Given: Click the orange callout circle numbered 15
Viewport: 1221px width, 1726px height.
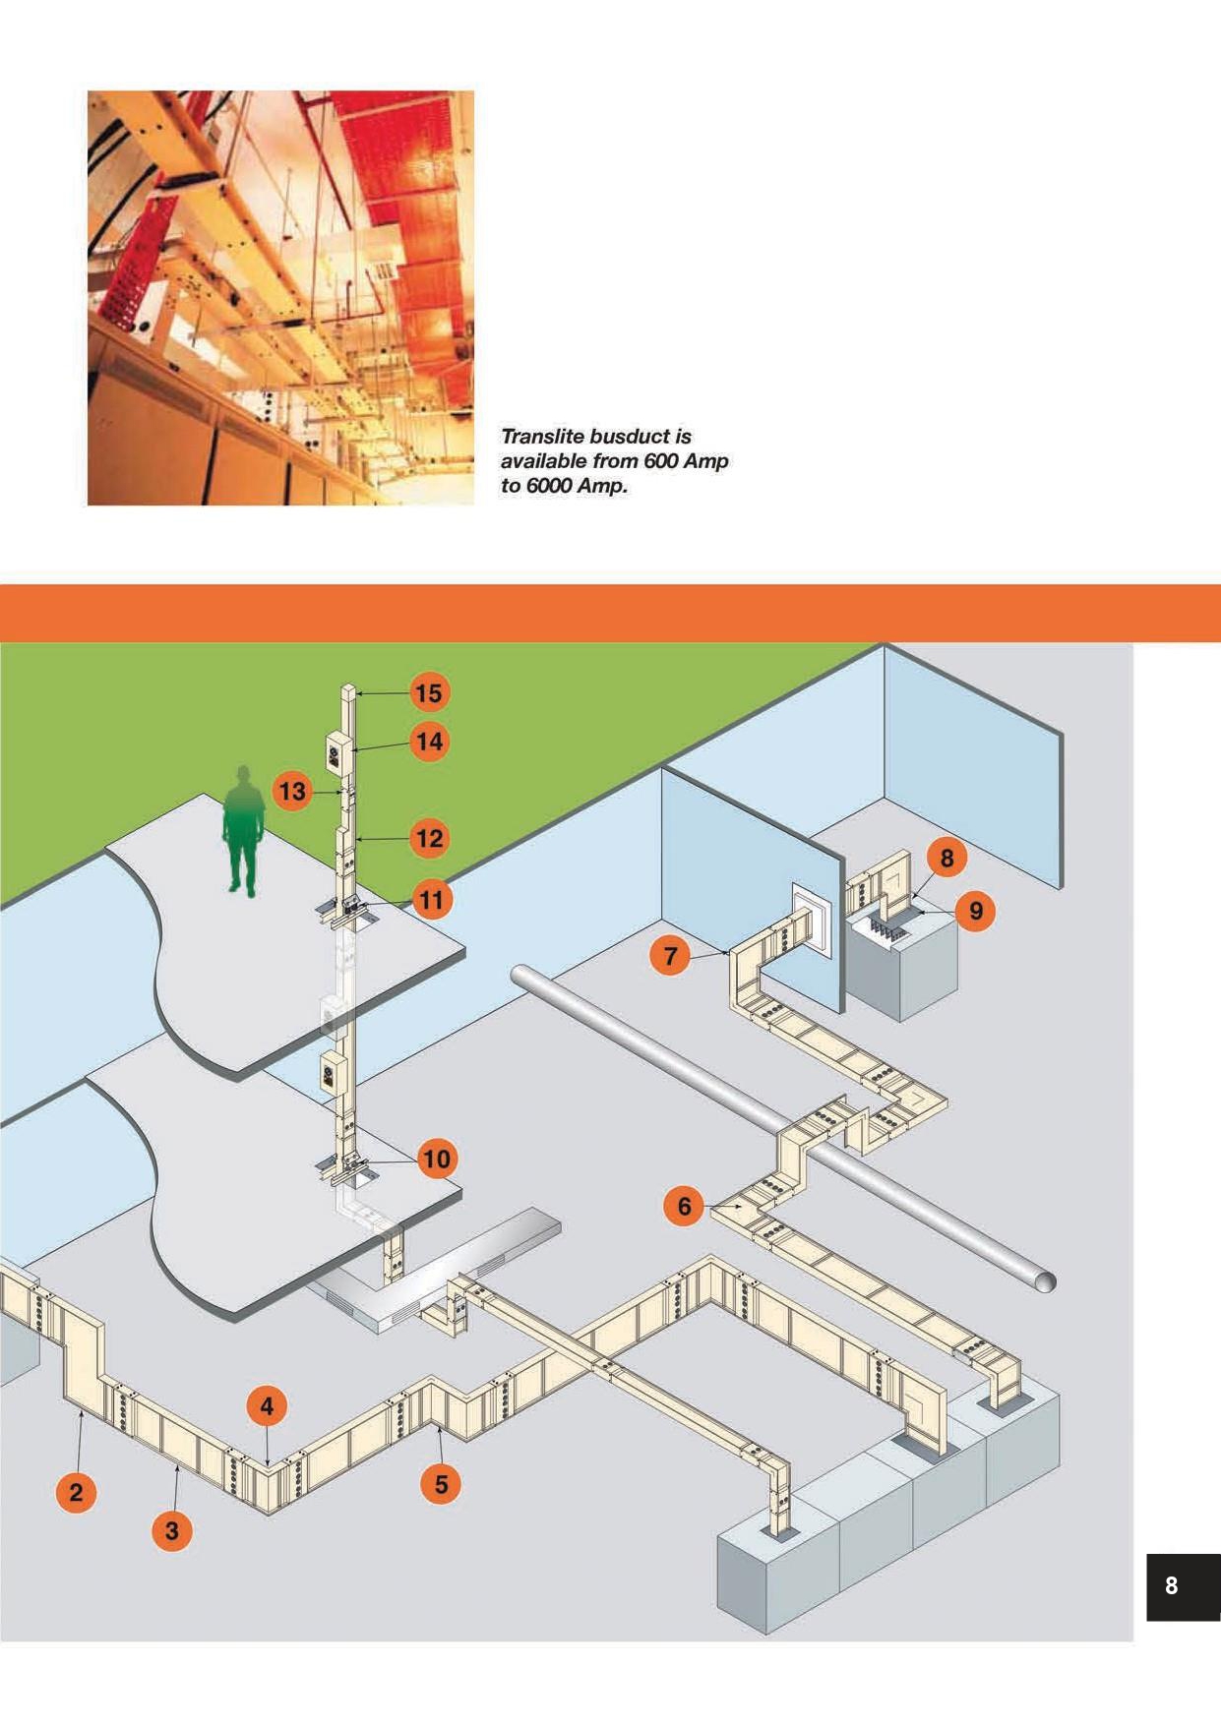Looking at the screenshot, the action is pyautogui.click(x=428, y=692).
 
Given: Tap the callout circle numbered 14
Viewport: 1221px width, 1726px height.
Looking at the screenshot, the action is pyautogui.click(x=429, y=741).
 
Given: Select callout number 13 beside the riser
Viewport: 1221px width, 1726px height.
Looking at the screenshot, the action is pyautogui.click(x=292, y=791).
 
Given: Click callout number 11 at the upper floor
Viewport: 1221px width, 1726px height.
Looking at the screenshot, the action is pyautogui.click(x=431, y=898).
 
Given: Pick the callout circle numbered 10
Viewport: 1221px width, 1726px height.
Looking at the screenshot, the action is pyautogui.click(x=436, y=1159).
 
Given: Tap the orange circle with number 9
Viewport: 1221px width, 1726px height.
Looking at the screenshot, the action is pyautogui.click(x=975, y=911).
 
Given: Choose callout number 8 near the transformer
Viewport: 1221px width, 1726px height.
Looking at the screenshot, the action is pyautogui.click(x=946, y=858).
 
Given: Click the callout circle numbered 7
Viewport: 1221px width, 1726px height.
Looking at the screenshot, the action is pyautogui.click(x=671, y=954).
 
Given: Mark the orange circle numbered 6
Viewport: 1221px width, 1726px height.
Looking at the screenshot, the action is pyautogui.click(x=685, y=1205).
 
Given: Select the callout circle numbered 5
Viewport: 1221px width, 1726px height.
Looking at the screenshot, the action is pyautogui.click(x=441, y=1483).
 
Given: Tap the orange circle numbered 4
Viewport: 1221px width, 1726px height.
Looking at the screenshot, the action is pyautogui.click(x=267, y=1406).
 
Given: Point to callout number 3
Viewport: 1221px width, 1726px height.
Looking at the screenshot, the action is pyautogui.click(x=172, y=1529).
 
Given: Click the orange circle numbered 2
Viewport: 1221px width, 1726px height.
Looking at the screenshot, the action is pyautogui.click(x=77, y=1492).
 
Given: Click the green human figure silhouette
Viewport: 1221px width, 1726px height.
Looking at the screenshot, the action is pyautogui.click(x=243, y=831).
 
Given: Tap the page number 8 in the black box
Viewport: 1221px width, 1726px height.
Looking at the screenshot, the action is pyautogui.click(x=1171, y=1584).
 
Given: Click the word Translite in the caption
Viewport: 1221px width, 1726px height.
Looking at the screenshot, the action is pyautogui.click(x=541, y=436).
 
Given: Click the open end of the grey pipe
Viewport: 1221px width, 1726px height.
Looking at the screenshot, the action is pyautogui.click(x=1045, y=1280).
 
